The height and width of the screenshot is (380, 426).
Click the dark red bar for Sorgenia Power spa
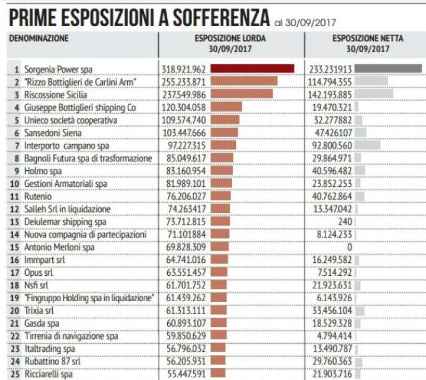tap(252, 69)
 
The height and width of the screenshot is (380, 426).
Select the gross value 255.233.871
tap(183, 81)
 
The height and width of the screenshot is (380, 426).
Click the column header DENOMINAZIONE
tap(39, 38)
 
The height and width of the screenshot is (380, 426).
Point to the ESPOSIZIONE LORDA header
tap(230, 39)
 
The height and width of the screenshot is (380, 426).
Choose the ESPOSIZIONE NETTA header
tap(367, 39)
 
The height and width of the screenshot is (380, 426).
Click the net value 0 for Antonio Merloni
tap(349, 247)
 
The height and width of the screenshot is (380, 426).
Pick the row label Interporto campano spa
tap(67, 145)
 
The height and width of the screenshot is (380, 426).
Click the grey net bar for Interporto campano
tap(367, 145)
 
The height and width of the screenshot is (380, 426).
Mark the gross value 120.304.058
tap(183, 107)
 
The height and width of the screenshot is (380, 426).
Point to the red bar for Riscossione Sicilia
tap(242, 94)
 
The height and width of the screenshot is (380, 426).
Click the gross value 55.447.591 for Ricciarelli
tap(183, 374)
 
